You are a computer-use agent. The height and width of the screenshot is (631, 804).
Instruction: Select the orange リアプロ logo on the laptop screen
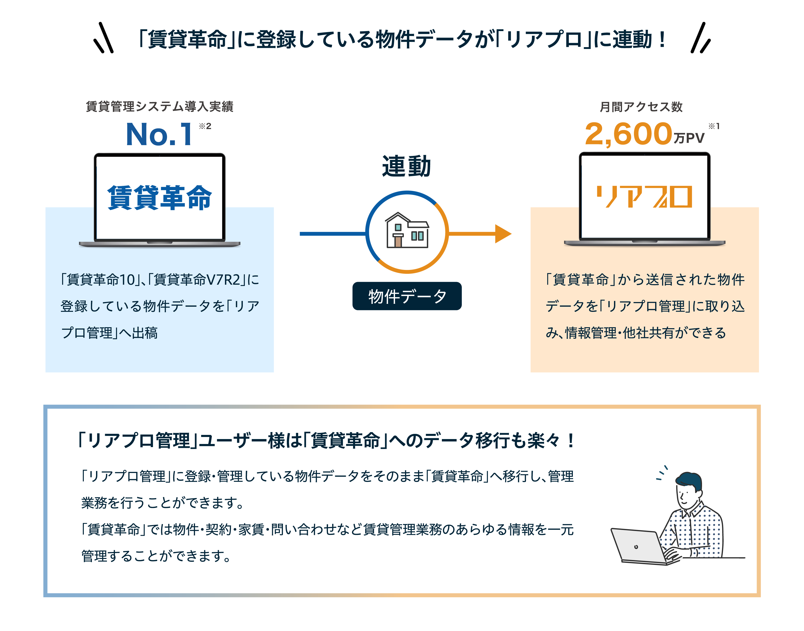tap(644, 197)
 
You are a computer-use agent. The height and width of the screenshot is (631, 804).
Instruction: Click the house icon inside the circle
tap(407, 231)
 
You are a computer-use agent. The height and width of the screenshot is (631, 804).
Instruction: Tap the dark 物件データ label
tap(407, 296)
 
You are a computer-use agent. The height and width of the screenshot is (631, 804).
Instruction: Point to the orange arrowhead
tap(503, 233)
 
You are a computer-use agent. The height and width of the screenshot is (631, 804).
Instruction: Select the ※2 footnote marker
tap(205, 126)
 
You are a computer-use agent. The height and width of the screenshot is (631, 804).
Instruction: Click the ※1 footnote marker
tap(714, 126)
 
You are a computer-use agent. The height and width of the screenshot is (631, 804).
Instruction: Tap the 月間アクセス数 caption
tap(641, 107)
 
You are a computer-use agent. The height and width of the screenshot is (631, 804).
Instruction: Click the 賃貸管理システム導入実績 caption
tap(159, 106)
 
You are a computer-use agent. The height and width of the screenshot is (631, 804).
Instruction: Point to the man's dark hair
tap(689, 480)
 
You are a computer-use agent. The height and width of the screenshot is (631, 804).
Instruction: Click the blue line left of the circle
tap(332, 233)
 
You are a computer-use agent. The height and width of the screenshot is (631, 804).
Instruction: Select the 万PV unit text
tap(689, 138)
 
